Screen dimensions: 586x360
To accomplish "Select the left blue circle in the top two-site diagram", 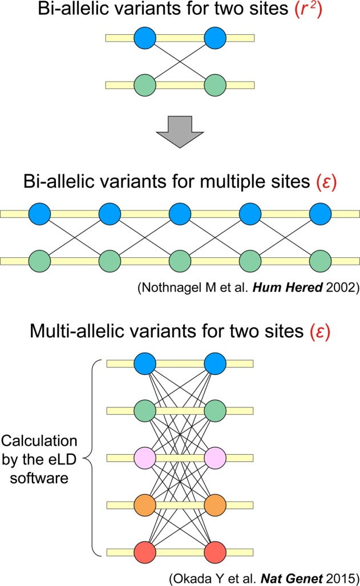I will click(145, 38).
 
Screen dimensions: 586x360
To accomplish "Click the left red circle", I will click(145, 553).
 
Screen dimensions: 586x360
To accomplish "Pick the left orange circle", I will click(145, 506).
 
